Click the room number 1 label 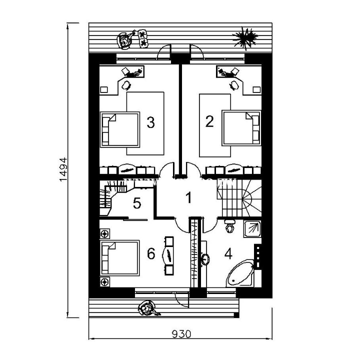pos(188,198)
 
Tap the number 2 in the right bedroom pos(209,121)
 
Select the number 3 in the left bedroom pos(150,122)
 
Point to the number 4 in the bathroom pos(228,254)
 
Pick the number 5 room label pos(137,203)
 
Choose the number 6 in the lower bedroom pos(151,254)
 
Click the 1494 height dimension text pos(63,169)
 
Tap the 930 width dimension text pos(181,334)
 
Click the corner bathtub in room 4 pos(240,273)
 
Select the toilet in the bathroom pos(229,226)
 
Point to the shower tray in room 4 pos(252,229)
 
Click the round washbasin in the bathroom pos(205,259)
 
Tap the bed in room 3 pos(120,129)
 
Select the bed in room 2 pos(241,128)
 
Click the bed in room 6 pos(119,257)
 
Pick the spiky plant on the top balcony pos(244,38)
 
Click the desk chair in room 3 pos(126,85)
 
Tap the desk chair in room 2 pos(234,85)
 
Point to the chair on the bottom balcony pos(148,309)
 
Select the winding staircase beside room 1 pos(239,198)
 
